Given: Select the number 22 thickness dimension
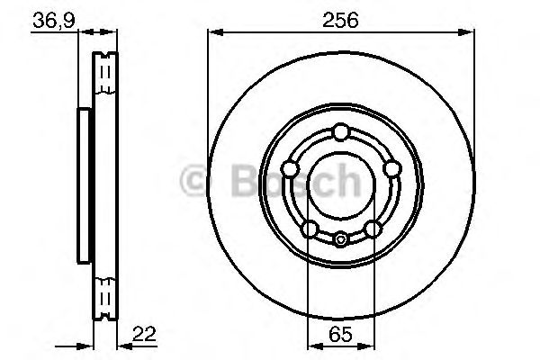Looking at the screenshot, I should click(143, 333).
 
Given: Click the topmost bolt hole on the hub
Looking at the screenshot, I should click(340, 133).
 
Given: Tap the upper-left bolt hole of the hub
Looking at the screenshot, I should click(290, 169).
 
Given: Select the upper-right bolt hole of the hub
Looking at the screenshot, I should click(391, 169).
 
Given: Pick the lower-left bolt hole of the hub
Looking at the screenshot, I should click(309, 229).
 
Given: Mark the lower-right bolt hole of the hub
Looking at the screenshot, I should click(373, 229).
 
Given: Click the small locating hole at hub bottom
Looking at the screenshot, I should click(340, 239).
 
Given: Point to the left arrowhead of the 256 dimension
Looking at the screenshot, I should click(213, 34).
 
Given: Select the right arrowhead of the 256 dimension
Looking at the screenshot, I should click(468, 34).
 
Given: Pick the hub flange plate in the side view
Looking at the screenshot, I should click(84, 185).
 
